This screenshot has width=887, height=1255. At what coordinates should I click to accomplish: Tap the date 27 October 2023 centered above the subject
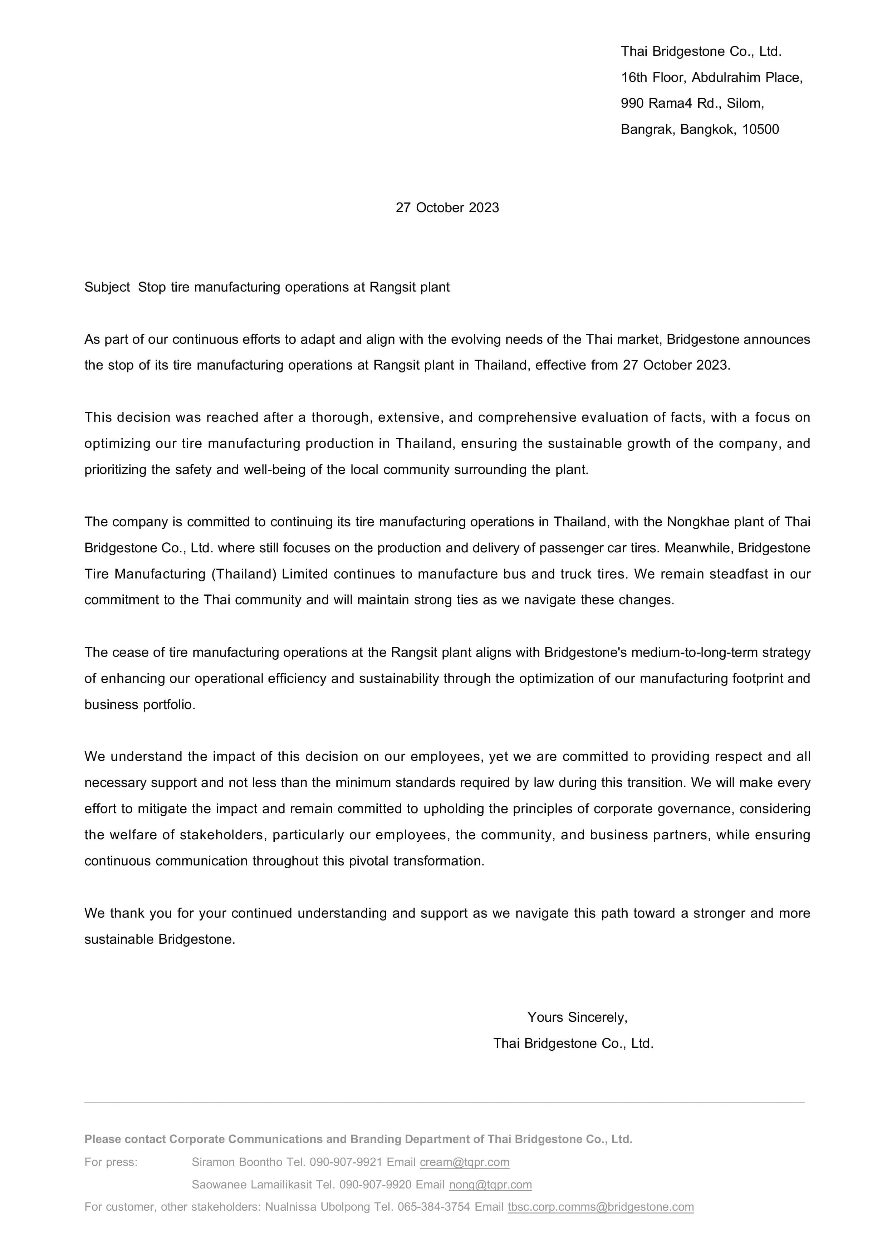pos(447,208)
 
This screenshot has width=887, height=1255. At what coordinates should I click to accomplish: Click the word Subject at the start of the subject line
pos(107,288)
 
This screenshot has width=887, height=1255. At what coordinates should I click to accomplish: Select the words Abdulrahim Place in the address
pos(746,78)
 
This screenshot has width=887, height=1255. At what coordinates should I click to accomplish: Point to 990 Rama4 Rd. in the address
pos(671,103)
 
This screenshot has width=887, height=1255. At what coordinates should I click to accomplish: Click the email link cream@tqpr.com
pos(465,1162)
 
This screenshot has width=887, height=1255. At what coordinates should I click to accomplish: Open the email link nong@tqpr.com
pos(490,1185)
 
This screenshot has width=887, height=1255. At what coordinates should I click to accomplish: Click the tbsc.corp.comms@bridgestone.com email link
pos(601,1207)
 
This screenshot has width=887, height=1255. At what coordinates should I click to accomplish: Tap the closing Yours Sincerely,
pos(577,1017)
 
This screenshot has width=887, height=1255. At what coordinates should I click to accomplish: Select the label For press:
pos(111,1162)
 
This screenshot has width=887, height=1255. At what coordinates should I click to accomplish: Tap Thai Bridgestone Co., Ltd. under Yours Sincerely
pos(573,1044)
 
